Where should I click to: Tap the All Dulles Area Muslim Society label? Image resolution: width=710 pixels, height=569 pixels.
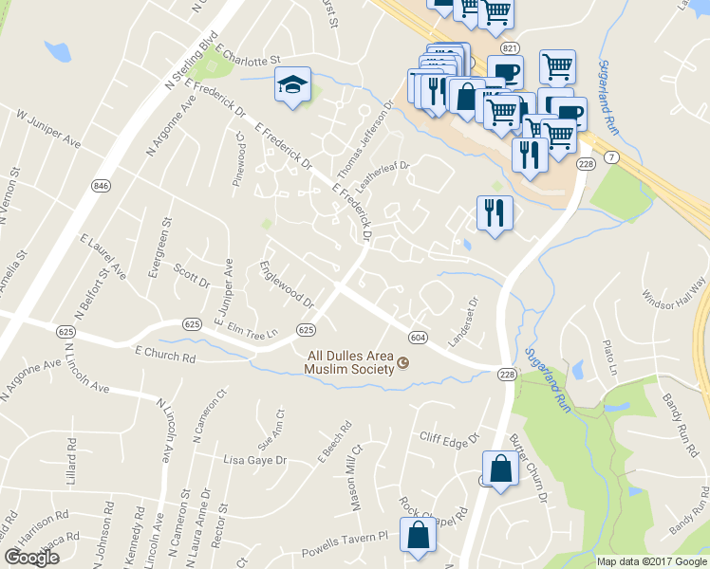click(348, 362)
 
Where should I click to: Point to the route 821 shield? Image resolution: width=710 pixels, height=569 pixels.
click(511, 47)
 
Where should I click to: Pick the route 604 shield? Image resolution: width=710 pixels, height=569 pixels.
click(417, 338)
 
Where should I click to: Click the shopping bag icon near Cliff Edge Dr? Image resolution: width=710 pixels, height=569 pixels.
click(500, 468)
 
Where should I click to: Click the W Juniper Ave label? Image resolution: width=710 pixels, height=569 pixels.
click(48, 127)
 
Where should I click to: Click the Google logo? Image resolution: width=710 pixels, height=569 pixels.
click(30, 557)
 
